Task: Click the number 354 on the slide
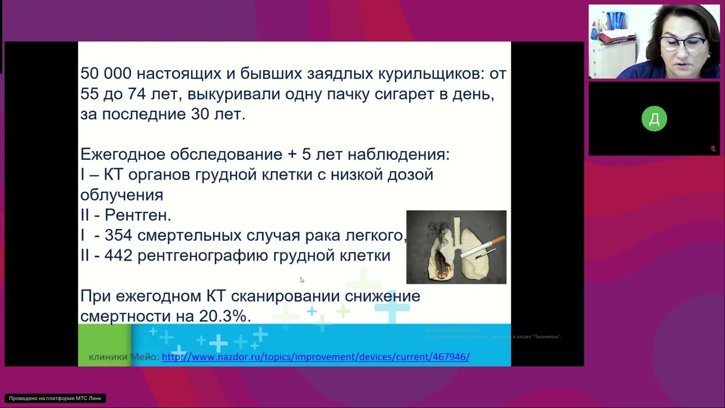tap(118, 236)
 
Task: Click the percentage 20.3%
tap(224, 316)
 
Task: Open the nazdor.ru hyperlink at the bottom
tap(315, 357)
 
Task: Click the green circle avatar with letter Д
tap(654, 119)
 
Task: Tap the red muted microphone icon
tap(713, 149)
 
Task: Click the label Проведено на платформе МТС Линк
tap(56, 398)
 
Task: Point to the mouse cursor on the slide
tap(302, 279)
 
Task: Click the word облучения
tap(121, 195)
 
